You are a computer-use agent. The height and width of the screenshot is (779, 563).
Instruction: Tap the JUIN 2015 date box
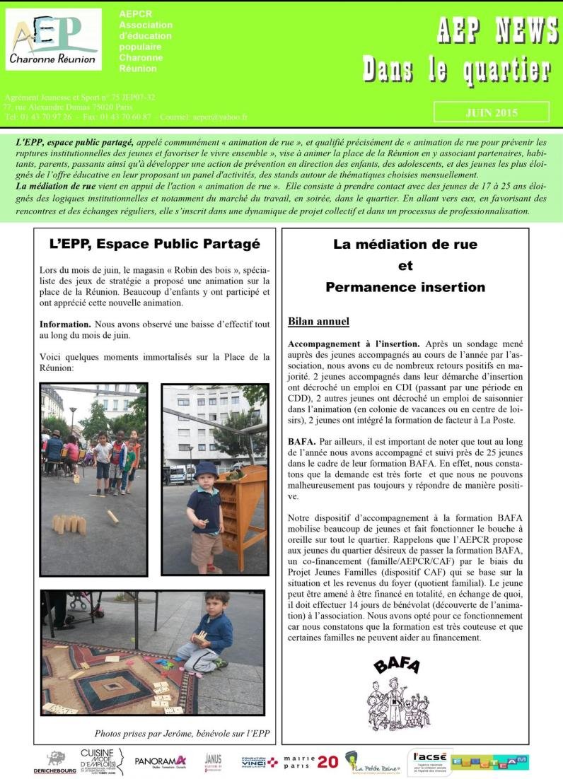click(491, 112)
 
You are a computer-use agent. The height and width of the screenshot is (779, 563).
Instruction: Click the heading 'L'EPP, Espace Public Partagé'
click(155, 244)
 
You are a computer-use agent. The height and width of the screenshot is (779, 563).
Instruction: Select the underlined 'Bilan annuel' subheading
click(318, 322)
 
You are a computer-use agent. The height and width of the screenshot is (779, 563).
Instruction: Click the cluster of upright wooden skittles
click(69, 524)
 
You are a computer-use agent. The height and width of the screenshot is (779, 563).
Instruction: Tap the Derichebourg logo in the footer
click(54, 762)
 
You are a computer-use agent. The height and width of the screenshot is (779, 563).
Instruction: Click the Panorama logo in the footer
click(161, 761)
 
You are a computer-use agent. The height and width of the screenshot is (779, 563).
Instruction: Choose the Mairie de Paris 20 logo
click(310, 761)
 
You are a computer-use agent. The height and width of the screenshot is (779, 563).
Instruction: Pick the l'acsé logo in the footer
click(429, 761)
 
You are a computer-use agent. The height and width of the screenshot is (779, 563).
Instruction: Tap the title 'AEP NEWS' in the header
click(497, 30)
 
